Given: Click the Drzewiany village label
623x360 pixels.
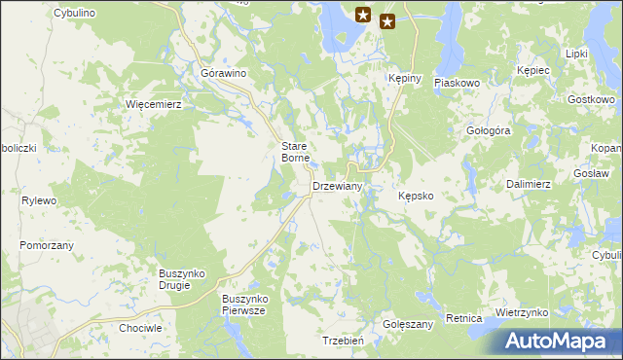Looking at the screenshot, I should (338, 186).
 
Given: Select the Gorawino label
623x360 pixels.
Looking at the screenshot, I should (223, 74).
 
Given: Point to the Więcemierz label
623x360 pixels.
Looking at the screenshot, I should (154, 103).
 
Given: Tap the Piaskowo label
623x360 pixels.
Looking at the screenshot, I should (458, 84).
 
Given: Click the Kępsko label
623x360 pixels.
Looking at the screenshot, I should (422, 196).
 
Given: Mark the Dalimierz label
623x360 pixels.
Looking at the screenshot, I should (530, 183).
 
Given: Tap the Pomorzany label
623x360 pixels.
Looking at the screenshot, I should (47, 246).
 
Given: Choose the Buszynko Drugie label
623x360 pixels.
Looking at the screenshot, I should (181, 279).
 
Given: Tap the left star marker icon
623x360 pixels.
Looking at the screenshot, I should (363, 15).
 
